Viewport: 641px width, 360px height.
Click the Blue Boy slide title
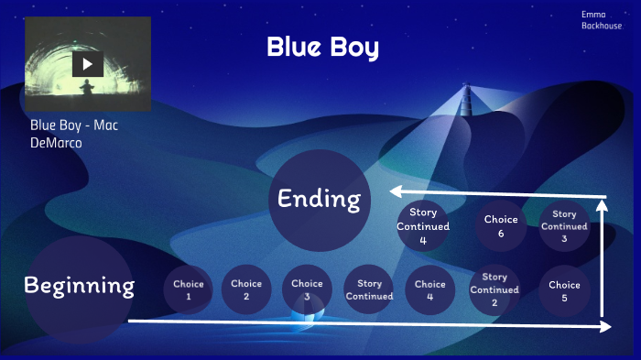coord(322,48)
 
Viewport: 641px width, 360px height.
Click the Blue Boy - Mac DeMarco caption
coord(73,134)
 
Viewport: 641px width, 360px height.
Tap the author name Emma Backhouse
coord(601,20)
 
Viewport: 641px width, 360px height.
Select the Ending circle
coord(320,199)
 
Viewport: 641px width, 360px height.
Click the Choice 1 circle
coord(189,289)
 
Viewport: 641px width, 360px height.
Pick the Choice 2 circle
coord(246,289)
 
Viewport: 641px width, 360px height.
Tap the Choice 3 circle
coord(308,289)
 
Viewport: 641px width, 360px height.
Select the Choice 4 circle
coord(429,289)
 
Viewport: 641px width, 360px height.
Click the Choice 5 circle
coord(564,290)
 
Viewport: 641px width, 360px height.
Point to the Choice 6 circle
coord(501,225)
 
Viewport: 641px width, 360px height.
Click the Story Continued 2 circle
coord(494,289)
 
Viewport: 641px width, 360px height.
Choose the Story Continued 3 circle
coord(564,226)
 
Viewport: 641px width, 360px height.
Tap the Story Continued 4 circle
coord(423,226)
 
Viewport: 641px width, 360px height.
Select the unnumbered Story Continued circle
coord(369,289)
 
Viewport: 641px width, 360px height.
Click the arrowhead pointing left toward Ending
coord(396,191)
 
